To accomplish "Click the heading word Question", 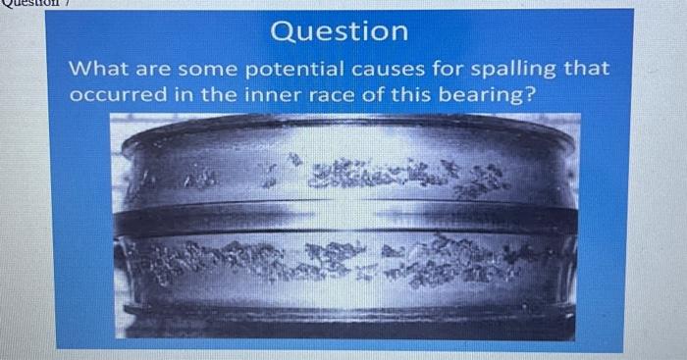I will (x=340, y=31).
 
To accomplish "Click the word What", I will (x=98, y=70).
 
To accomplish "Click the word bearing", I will (x=480, y=97).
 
